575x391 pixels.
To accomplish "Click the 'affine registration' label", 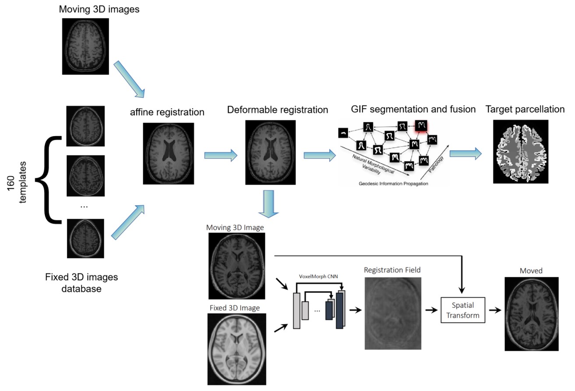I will [x=167, y=112].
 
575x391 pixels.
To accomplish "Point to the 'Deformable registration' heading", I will [x=278, y=109].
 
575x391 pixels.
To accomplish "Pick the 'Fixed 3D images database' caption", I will [x=81, y=283].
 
